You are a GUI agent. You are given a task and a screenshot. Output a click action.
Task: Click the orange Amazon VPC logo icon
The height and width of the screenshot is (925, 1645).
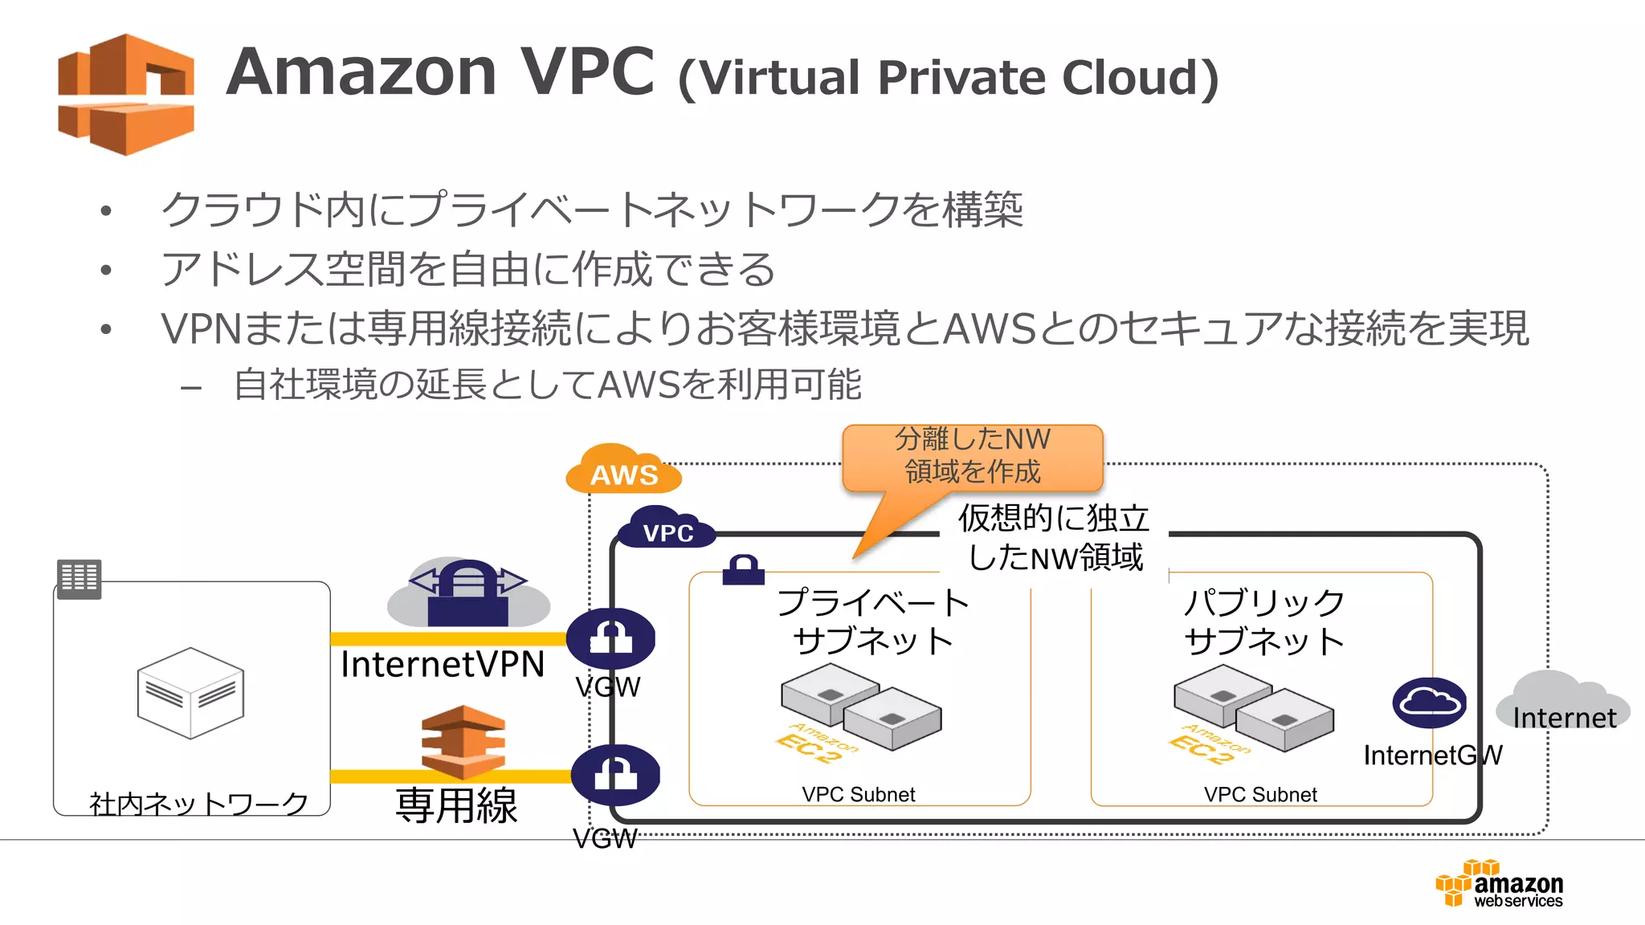coord(126,94)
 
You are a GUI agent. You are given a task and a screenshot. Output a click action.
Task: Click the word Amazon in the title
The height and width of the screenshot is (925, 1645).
coord(361,72)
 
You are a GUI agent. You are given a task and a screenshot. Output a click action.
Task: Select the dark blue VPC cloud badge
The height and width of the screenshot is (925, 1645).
coord(667,530)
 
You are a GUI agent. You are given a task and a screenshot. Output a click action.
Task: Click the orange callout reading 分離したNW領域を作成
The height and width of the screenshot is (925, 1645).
coord(972,457)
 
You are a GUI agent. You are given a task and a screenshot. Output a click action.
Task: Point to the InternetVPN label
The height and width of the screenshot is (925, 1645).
coord(443,665)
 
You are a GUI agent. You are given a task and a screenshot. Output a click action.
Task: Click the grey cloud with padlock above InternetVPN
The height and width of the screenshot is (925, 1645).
coord(468,594)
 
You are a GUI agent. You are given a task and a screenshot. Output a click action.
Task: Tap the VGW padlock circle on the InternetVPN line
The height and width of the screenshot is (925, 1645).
coord(610,638)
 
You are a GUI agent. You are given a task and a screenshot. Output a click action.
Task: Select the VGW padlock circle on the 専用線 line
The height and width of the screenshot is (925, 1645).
coord(615,775)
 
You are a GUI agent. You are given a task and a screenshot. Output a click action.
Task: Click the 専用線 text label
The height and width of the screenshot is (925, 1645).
coord(456,805)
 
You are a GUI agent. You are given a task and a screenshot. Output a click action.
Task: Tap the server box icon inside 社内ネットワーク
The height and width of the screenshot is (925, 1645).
coord(190,692)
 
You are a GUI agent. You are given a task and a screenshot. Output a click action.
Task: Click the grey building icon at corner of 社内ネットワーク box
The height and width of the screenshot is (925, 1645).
coord(80,578)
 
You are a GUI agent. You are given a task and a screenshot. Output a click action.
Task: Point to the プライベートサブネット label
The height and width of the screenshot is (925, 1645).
coord(873,621)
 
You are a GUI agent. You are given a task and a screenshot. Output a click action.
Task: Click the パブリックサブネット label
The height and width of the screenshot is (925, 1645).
coord(1264,621)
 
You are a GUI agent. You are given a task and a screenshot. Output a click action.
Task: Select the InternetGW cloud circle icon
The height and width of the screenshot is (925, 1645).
coord(1429,703)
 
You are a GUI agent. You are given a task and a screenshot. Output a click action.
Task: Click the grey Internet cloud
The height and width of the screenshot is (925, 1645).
coord(1562,703)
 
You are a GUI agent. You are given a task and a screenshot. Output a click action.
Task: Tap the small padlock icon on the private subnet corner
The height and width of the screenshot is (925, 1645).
coord(743,569)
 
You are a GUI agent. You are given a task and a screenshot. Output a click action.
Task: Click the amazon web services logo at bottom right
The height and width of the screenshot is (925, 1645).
coord(1500,884)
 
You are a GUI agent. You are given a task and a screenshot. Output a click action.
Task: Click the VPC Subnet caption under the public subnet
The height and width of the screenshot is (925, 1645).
coord(1260,795)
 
